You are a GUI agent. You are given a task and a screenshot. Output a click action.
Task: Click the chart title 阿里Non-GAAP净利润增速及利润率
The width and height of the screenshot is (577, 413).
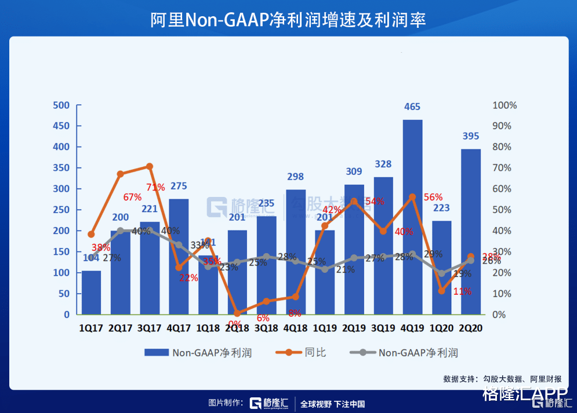(x=288, y=19)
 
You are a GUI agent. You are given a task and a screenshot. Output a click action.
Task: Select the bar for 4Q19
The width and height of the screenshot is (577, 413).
(x=412, y=217)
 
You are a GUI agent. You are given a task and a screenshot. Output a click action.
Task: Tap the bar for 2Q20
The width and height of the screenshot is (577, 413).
(x=470, y=232)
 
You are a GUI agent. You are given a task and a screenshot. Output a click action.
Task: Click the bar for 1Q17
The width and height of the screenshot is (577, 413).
(x=91, y=293)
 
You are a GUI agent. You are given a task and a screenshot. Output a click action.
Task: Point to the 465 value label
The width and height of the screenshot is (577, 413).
(x=412, y=107)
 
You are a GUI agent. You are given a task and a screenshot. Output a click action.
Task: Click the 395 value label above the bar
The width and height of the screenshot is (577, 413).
(x=470, y=136)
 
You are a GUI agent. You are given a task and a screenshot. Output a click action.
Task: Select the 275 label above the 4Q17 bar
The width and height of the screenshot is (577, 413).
(x=179, y=186)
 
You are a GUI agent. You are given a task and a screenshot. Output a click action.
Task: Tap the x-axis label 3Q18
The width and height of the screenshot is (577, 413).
(x=266, y=328)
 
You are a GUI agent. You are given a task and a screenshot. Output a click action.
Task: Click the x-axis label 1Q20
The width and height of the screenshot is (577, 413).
(x=441, y=328)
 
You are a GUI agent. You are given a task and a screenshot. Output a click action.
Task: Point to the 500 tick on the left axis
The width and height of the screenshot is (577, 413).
(x=61, y=105)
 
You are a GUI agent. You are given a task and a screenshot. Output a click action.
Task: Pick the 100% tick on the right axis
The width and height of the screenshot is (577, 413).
(x=505, y=105)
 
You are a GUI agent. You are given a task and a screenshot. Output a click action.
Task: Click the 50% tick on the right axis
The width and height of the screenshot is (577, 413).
(x=502, y=210)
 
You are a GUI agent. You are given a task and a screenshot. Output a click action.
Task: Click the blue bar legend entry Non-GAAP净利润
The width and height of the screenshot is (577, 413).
(x=198, y=352)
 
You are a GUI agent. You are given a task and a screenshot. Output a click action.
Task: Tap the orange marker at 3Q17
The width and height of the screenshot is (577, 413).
(x=150, y=166)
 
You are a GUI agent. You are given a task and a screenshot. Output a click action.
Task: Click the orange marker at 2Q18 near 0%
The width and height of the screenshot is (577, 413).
(x=237, y=313)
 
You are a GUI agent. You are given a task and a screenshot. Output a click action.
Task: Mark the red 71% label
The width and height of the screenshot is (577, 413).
(x=155, y=187)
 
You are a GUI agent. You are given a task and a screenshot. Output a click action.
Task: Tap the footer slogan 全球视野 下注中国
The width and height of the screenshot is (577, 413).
(x=332, y=404)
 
